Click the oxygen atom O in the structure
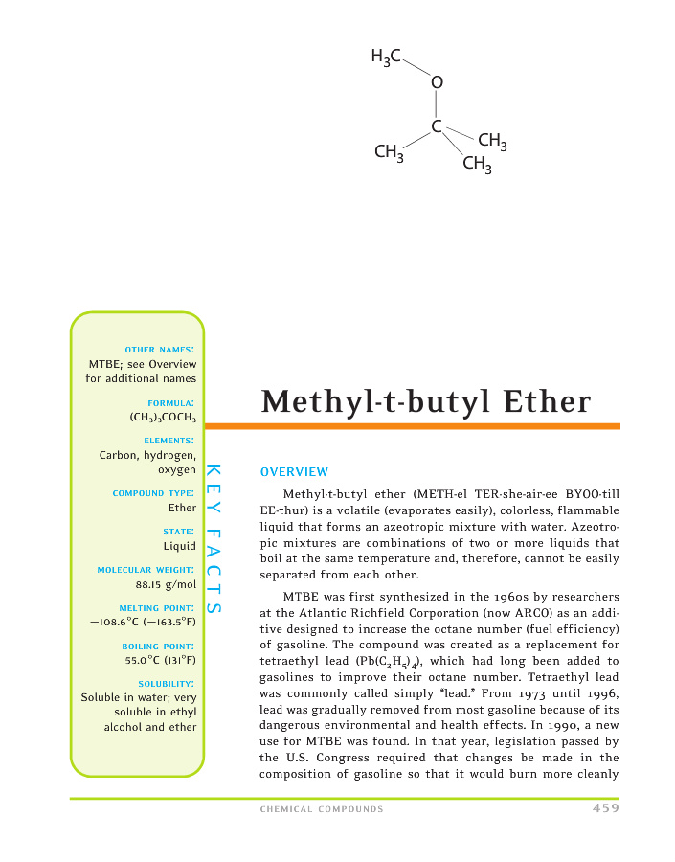click(437, 84)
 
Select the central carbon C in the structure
click(437, 126)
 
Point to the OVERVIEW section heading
click(294, 472)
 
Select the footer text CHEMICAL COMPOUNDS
click(322, 809)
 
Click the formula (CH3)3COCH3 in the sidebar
click(163, 418)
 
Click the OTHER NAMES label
click(161, 349)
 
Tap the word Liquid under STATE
click(179, 547)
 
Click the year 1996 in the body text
click(599, 718)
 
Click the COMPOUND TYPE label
click(154, 493)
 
